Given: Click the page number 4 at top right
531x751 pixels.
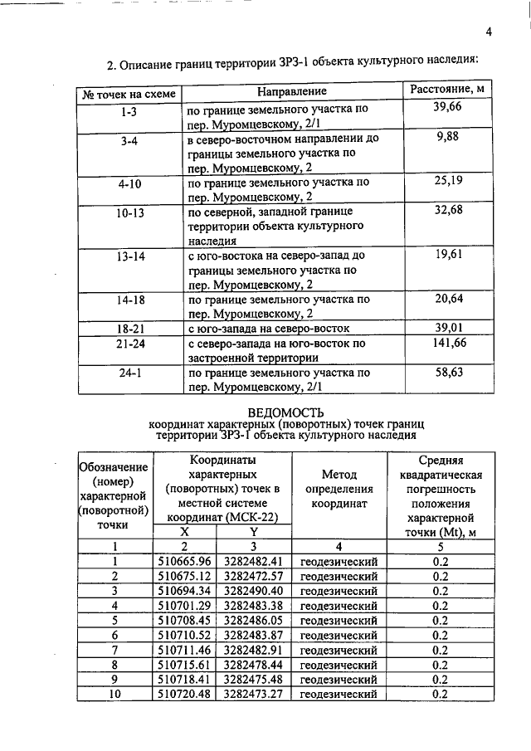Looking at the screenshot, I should (x=489, y=32).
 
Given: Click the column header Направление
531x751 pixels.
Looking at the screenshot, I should (x=291, y=90).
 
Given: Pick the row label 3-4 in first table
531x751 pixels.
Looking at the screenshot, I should (x=129, y=142).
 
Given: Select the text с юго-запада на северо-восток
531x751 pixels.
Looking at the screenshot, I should (x=269, y=328).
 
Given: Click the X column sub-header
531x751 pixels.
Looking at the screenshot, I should (x=184, y=532).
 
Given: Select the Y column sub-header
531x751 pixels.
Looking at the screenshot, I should (x=254, y=532).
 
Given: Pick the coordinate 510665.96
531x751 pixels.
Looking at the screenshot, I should (x=184, y=562).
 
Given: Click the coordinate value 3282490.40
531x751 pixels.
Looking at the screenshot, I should (x=254, y=590).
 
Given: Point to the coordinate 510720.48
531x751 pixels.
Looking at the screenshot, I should (x=184, y=694).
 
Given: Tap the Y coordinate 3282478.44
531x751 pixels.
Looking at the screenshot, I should (x=254, y=665).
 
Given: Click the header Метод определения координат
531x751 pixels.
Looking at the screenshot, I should (x=338, y=489).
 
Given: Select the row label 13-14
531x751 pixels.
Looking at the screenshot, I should (x=129, y=256).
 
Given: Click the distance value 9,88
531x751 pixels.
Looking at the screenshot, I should (x=447, y=137).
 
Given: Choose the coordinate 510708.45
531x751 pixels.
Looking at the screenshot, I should (x=184, y=620).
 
